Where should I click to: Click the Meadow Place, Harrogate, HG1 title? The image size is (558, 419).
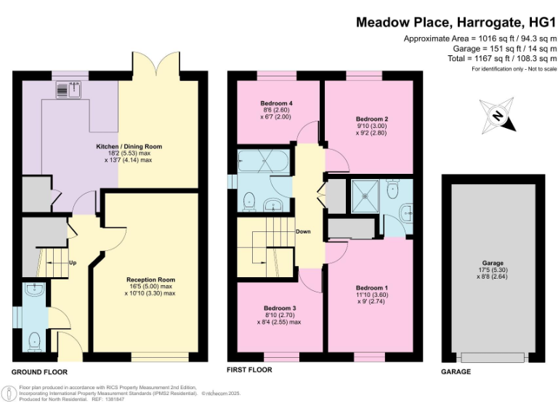[x=456, y=22]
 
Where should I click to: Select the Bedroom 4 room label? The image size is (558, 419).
[x=276, y=103]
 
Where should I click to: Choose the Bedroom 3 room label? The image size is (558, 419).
[x=279, y=308]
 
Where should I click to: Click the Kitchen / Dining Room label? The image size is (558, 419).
[x=129, y=147]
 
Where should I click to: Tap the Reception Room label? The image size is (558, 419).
[x=150, y=280]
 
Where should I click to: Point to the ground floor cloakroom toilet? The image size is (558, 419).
[x=34, y=339]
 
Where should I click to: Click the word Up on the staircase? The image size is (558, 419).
[x=73, y=262]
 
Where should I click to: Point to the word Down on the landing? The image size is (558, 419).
[x=304, y=232]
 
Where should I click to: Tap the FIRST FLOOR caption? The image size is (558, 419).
[x=249, y=370]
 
